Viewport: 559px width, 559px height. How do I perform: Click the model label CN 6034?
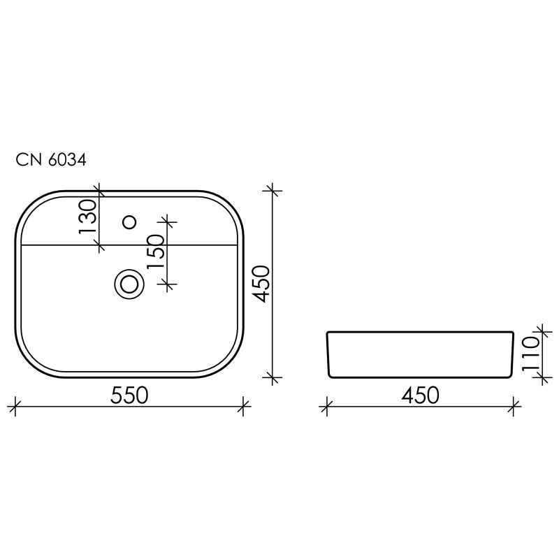pyautogui.click(x=51, y=161)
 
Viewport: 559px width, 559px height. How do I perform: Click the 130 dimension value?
pyautogui.click(x=88, y=219)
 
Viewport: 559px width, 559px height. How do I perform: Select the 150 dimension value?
pyautogui.click(x=156, y=252)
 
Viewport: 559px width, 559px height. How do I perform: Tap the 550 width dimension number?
pyautogui.click(x=129, y=395)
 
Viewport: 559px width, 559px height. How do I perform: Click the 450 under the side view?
pyautogui.click(x=419, y=395)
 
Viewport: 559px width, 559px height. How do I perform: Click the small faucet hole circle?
pyautogui.click(x=129, y=222)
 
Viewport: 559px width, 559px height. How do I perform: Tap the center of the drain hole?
pyautogui.click(x=129, y=284)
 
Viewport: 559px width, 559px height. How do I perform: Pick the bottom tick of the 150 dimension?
pyautogui.click(x=168, y=284)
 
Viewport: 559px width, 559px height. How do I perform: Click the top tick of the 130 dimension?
pyautogui.click(x=100, y=190)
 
